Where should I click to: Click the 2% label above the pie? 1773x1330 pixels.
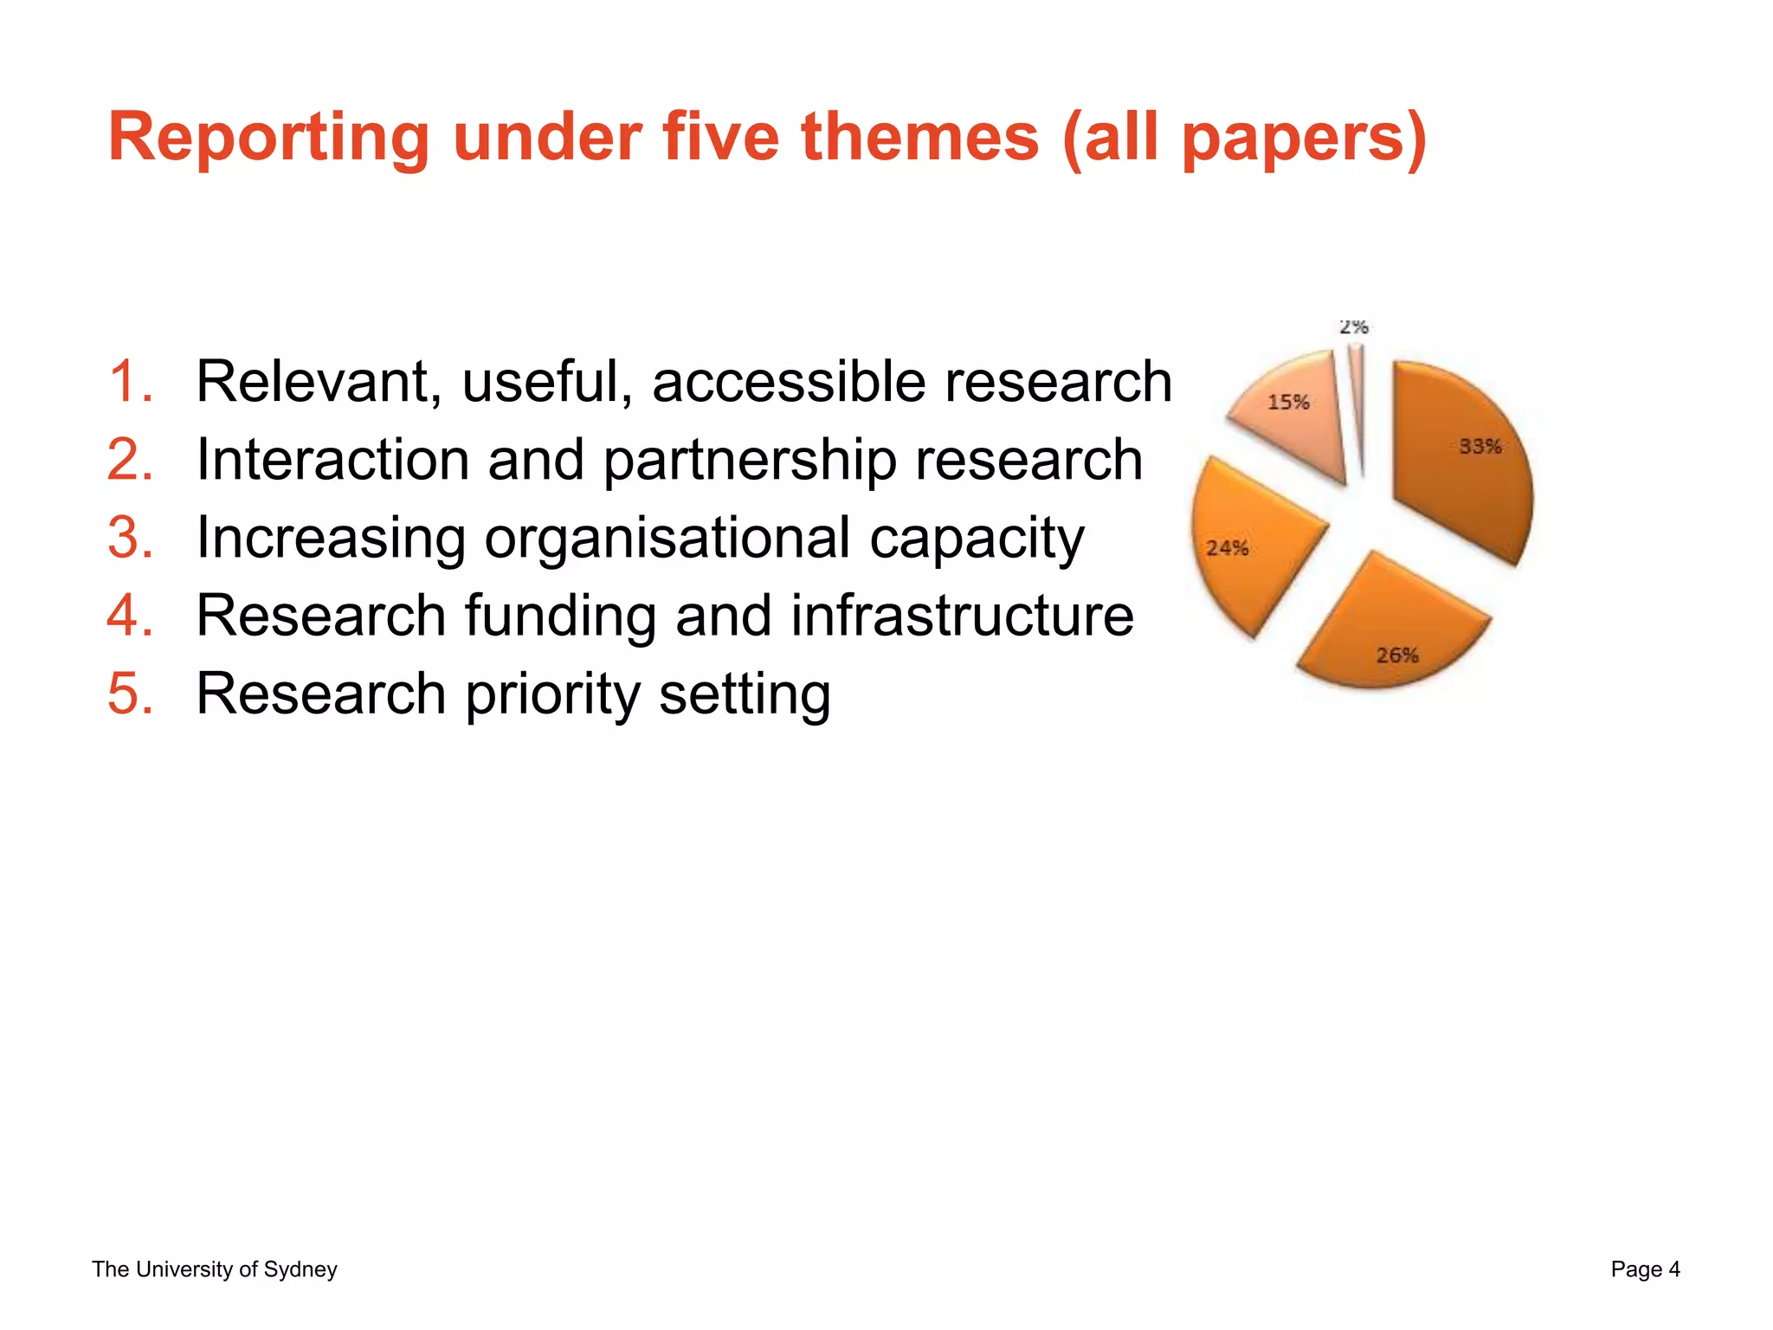click(1353, 326)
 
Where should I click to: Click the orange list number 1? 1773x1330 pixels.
click(131, 382)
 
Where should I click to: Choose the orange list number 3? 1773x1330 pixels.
click(131, 538)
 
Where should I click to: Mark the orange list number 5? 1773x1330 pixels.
click(131, 694)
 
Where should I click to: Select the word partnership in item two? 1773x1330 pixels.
click(750, 460)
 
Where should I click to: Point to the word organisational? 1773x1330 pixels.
click(667, 538)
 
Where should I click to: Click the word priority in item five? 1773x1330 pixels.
click(552, 694)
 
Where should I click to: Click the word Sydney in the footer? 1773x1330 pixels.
click(300, 1269)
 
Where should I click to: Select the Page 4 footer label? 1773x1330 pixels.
click(1645, 1269)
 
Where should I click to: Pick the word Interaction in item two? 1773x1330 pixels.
click(332, 460)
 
